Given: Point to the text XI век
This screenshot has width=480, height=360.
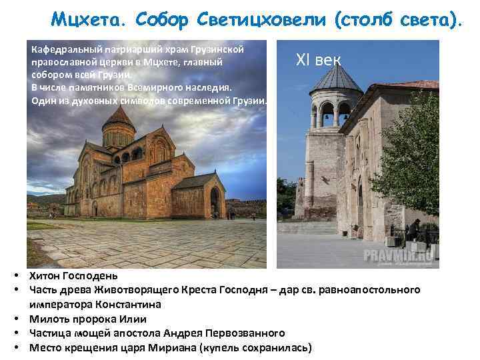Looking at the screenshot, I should pyautogui.click(x=319, y=61).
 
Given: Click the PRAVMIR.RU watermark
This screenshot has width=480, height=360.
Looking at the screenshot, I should pyautogui.click(x=399, y=255).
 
